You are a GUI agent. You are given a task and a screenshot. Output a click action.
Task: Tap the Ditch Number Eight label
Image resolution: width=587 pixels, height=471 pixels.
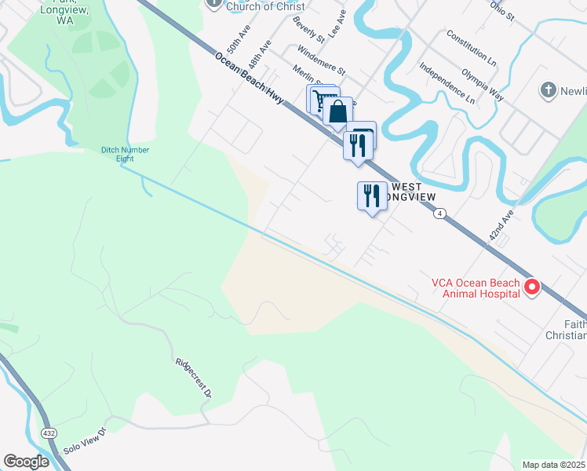pos(125,154)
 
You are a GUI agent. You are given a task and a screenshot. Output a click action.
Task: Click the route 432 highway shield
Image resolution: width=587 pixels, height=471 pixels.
pos(48,433)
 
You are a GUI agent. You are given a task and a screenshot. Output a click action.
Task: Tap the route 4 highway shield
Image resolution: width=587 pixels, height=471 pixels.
pos(441,214)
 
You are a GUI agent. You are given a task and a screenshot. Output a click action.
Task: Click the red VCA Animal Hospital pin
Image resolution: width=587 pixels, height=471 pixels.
pos(531,287)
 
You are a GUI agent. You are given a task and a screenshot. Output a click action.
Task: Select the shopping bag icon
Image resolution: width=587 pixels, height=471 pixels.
pos(337,111)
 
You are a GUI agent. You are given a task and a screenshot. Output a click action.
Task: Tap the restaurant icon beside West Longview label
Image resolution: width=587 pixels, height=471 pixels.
pos(371,195)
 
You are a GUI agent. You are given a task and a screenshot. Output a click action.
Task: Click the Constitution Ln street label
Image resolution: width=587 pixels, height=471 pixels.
pos(471,48)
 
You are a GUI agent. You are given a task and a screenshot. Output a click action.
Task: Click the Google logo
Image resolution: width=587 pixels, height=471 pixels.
pos(26,462)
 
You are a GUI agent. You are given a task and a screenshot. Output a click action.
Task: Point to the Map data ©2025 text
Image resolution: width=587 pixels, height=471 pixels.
pos(553,465)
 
